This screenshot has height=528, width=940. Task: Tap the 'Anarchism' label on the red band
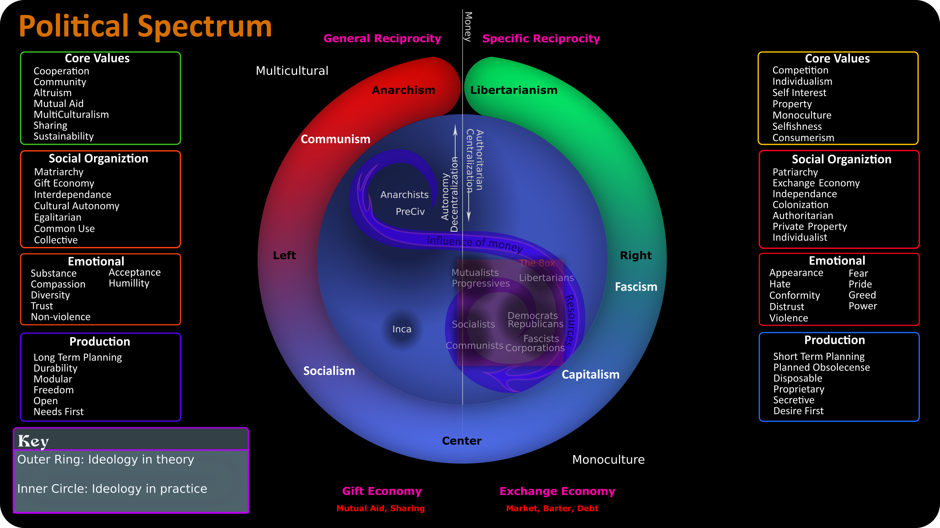coord(403,90)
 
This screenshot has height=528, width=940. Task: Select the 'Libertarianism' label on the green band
coord(514,90)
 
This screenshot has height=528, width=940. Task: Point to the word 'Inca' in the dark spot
coord(402,329)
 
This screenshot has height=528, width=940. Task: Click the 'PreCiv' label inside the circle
coord(410,211)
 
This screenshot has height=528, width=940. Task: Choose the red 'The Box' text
coord(537,263)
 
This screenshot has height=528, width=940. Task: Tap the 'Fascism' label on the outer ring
coord(636,287)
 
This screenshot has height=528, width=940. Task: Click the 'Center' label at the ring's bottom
coord(462,441)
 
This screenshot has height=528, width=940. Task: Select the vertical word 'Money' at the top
coord(468,27)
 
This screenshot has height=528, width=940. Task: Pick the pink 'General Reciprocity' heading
coord(382,39)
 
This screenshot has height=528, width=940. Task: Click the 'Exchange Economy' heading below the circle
coord(557,491)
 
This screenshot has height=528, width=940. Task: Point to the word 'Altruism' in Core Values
coord(53,93)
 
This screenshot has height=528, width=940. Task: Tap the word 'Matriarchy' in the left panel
coord(59,172)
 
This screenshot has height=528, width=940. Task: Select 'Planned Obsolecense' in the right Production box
coord(821,367)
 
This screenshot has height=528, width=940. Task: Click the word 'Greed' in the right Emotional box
coord(862,295)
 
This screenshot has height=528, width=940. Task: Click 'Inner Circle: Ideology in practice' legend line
coord(112,489)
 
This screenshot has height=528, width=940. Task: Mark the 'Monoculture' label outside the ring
coord(608,460)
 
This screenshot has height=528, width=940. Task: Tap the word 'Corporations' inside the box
coord(535,348)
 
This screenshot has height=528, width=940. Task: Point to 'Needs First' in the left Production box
coord(58,412)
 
